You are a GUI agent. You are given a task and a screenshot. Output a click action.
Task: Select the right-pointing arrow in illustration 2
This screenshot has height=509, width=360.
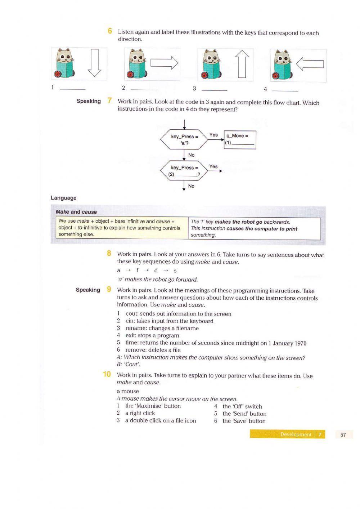click(x=164, y=63)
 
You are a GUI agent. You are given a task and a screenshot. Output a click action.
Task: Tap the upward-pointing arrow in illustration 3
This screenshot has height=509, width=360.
click(x=242, y=64)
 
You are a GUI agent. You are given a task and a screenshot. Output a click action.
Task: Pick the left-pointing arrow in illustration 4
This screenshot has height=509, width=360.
click(x=310, y=64)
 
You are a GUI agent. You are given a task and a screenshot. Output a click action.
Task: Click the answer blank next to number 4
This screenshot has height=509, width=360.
click(x=285, y=90)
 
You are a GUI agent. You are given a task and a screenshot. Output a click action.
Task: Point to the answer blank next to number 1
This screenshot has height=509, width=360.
click(x=72, y=89)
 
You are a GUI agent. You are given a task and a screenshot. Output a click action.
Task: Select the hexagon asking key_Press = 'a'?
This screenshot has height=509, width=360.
click(x=184, y=140)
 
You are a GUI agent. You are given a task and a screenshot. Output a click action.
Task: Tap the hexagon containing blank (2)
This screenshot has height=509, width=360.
click(x=184, y=171)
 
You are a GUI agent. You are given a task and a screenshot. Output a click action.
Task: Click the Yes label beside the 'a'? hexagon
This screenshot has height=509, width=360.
click(x=213, y=135)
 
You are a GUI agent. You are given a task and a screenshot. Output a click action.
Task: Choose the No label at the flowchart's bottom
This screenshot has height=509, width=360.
click(x=191, y=186)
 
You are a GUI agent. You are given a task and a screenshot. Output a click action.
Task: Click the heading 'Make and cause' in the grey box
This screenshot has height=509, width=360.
click(x=76, y=212)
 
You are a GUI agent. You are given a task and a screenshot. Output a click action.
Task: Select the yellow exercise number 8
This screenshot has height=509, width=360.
click(x=109, y=254)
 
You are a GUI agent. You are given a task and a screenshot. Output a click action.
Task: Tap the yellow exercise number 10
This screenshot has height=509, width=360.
click(x=107, y=374)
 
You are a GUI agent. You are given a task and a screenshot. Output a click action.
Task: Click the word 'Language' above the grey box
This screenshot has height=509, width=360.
click(x=64, y=198)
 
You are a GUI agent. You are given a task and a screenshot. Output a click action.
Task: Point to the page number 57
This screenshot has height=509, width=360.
click(x=343, y=434)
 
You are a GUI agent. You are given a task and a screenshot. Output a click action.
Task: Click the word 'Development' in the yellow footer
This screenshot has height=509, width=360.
click(x=296, y=434)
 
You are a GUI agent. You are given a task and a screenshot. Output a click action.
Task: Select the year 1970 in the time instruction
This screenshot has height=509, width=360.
click(x=300, y=343)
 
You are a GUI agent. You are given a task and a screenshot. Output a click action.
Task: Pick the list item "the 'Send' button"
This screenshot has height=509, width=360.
click(x=244, y=414)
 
